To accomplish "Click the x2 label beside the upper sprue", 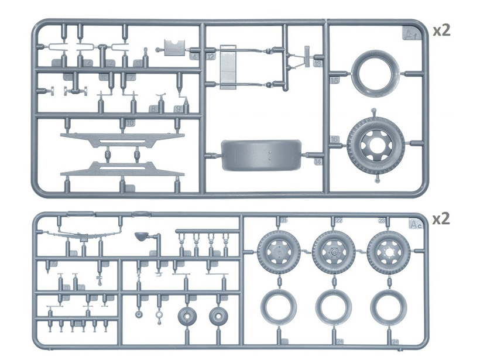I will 441,31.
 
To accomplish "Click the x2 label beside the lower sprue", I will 441,219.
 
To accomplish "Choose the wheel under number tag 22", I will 333,252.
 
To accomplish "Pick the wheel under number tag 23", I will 388,252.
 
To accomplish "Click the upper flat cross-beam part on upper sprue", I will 122,139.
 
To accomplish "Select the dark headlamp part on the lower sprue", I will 142,236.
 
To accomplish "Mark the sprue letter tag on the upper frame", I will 411,34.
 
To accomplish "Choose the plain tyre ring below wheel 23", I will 388,307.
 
